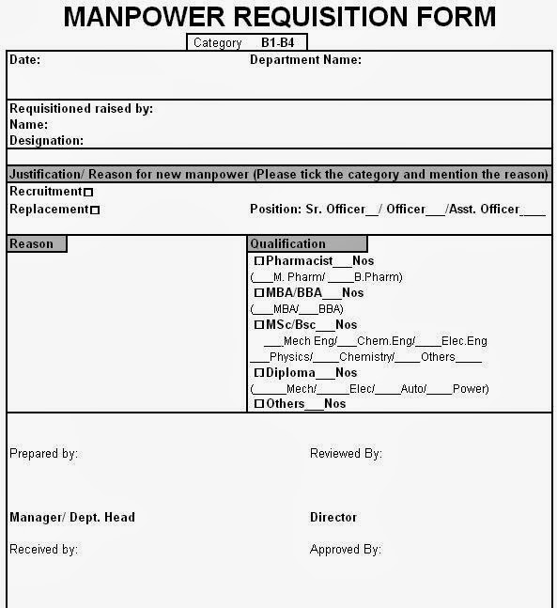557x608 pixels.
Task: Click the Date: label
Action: [24, 59]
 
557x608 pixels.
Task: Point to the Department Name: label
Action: [305, 59]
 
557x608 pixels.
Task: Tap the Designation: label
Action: [46, 140]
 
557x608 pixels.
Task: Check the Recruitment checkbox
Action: [89, 193]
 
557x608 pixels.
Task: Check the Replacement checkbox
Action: [95, 210]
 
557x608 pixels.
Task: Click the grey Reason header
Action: [36, 243]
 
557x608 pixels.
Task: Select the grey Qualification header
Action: [307, 243]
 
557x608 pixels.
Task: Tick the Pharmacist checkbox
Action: [259, 261]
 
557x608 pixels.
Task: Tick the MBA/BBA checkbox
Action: [259, 293]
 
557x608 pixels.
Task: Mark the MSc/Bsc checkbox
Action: [259, 325]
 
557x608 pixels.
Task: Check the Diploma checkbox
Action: [259, 373]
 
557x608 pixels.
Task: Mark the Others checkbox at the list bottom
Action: [259, 404]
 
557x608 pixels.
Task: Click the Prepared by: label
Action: [43, 453]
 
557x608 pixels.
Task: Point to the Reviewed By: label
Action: [346, 453]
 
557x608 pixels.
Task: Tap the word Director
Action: [333, 517]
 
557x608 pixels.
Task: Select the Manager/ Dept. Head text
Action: [72, 517]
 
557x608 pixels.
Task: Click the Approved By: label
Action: [345, 549]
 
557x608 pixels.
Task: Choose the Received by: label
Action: [43, 549]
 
